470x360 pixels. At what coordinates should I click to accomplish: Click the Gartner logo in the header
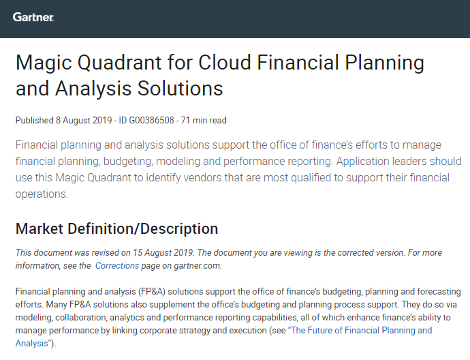[33, 17]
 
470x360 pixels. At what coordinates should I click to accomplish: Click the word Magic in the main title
[44, 63]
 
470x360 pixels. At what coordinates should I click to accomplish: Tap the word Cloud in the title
[224, 63]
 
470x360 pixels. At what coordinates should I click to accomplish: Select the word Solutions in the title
[180, 89]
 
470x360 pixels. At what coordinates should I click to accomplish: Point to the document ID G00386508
[151, 120]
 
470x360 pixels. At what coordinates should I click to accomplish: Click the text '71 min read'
[204, 120]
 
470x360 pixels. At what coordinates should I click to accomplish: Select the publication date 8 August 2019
[84, 120]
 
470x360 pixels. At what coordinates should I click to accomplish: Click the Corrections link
[117, 265]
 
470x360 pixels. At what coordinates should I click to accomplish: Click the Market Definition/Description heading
[116, 228]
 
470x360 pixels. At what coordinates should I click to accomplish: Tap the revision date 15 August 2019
[163, 252]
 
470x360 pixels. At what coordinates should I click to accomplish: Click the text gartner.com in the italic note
[198, 265]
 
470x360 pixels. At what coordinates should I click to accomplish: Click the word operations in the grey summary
[41, 194]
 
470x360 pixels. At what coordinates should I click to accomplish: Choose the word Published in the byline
[34, 120]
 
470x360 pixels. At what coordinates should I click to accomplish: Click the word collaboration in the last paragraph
[81, 318]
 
